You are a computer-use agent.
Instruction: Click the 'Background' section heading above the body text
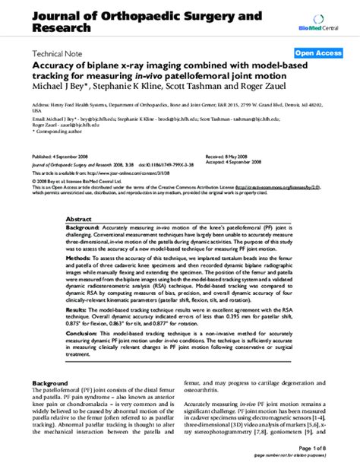coord(49,384)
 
